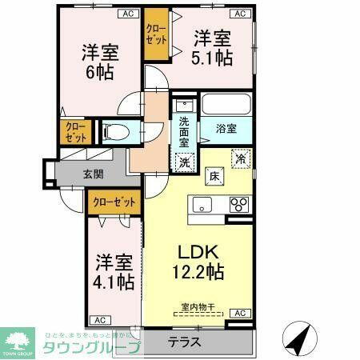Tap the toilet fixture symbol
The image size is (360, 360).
tap(114, 131)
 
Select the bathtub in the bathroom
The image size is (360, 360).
tap(226, 105)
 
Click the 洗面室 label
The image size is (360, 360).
tap(185, 131)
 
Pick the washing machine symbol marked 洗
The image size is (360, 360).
tap(185, 160)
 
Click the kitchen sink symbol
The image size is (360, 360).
tap(202, 203)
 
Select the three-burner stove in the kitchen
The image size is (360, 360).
tap(238, 204)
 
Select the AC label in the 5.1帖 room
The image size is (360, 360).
tap(238, 14)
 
